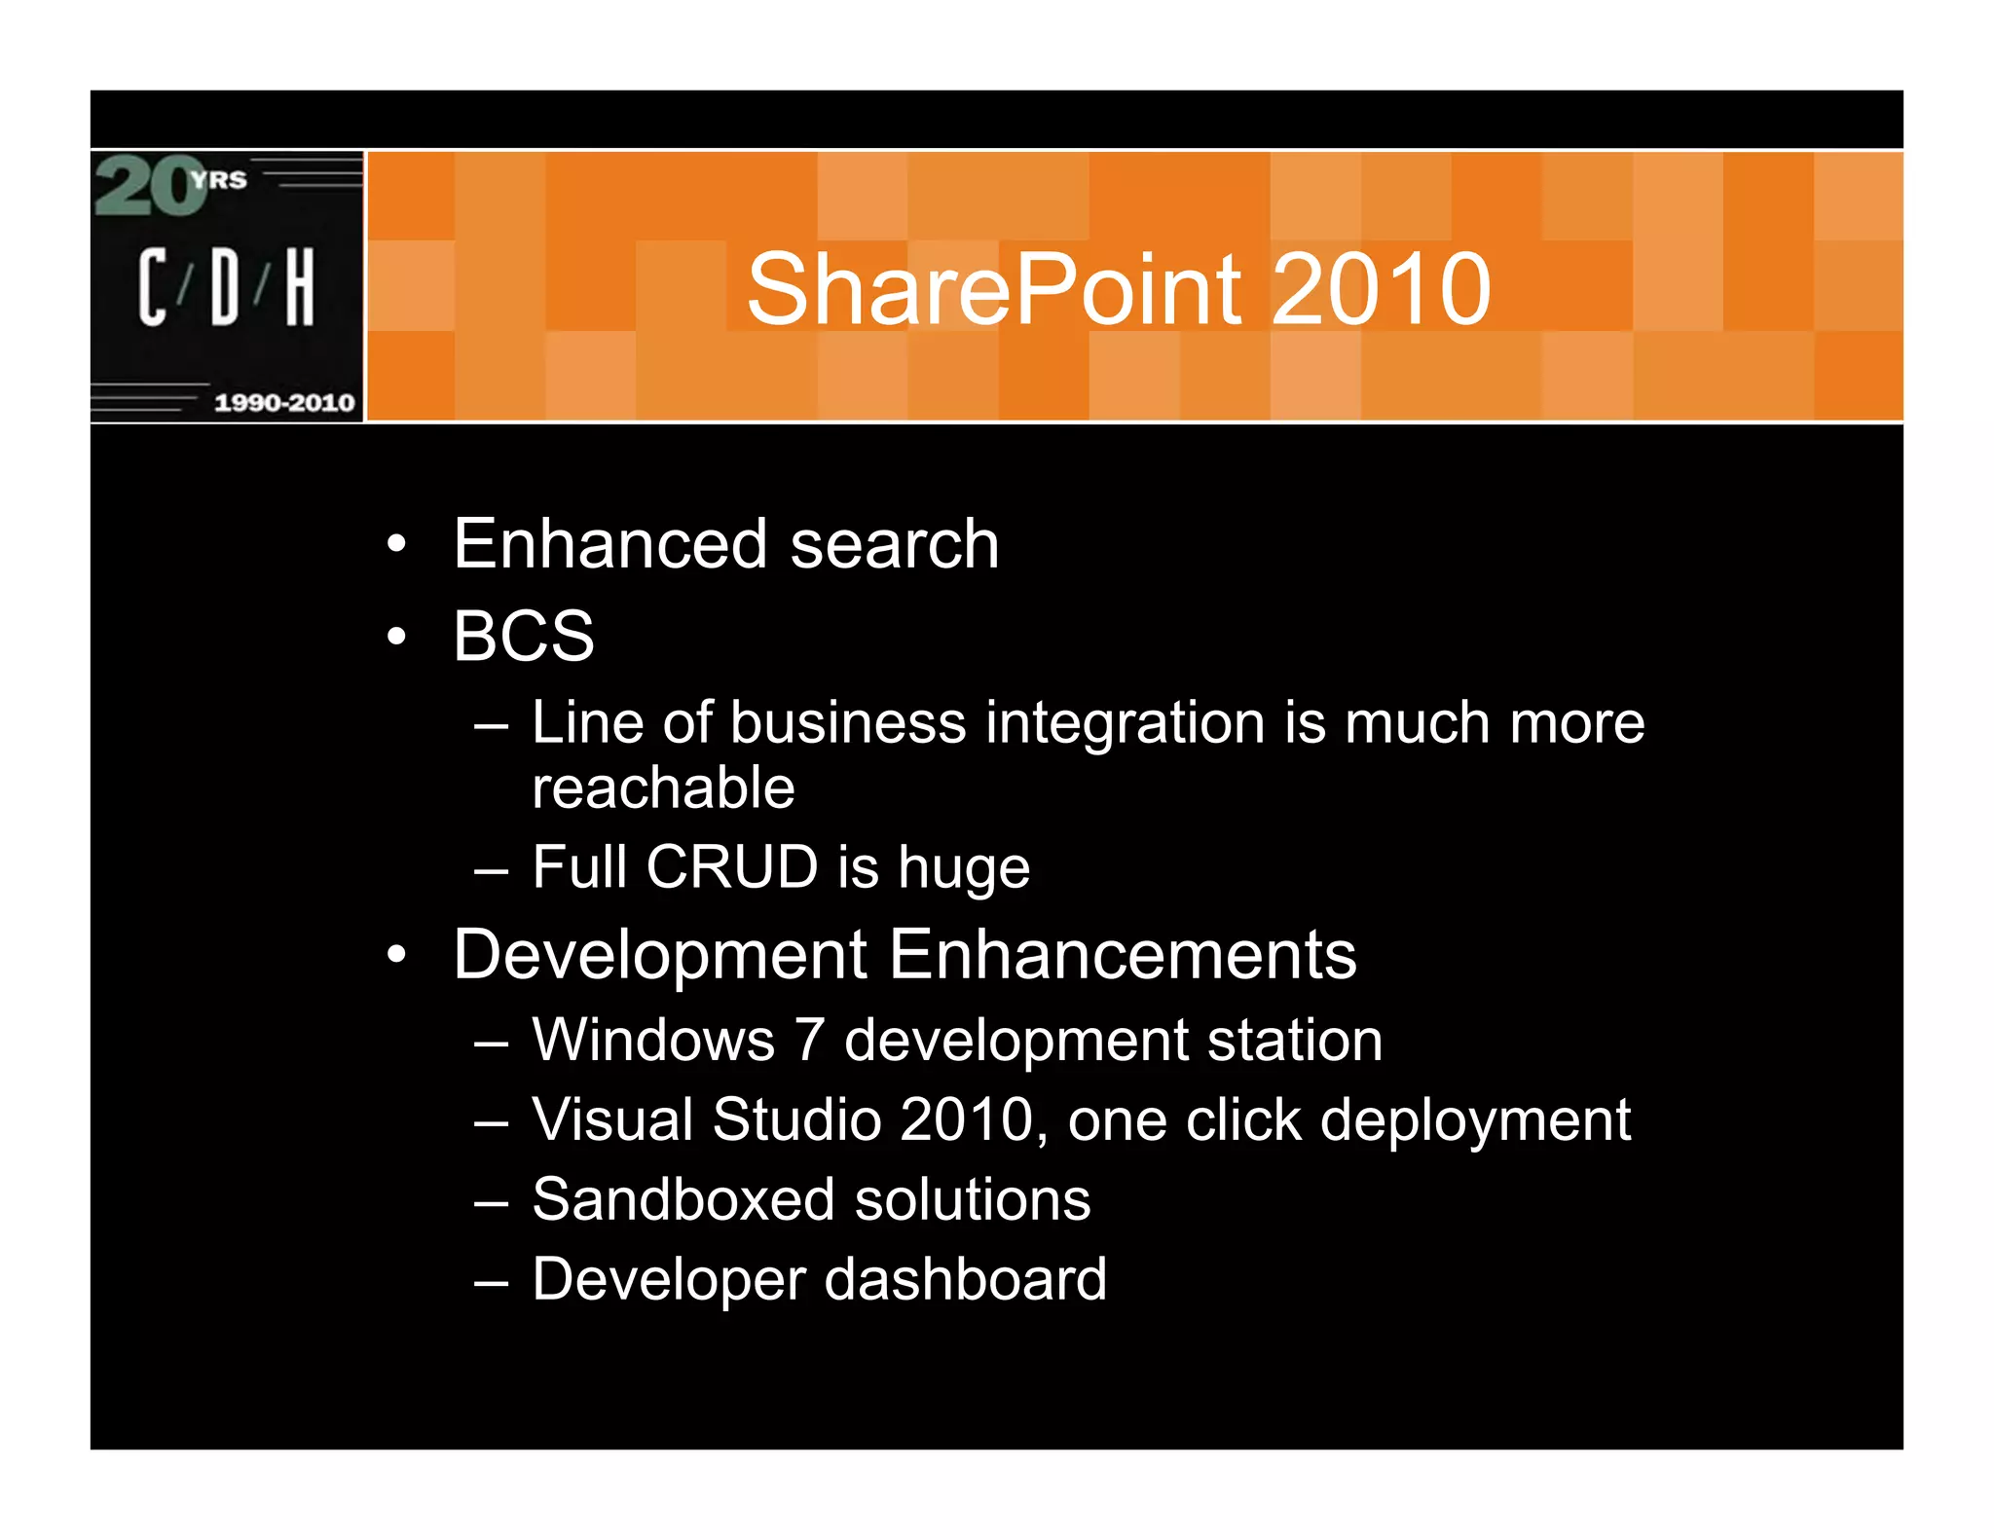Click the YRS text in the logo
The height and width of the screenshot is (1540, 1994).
click(219, 180)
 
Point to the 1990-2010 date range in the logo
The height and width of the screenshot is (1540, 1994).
click(283, 402)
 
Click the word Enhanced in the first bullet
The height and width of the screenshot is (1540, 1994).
click(610, 544)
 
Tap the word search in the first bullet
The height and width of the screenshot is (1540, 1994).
click(894, 544)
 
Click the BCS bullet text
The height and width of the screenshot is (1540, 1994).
click(523, 637)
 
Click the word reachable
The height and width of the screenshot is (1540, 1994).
click(663, 788)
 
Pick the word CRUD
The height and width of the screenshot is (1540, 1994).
click(731, 866)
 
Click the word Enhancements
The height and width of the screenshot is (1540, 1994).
click(1122, 955)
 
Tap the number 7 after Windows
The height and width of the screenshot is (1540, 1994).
click(809, 1040)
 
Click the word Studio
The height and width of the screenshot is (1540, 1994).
click(796, 1119)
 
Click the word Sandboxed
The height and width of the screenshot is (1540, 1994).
click(683, 1199)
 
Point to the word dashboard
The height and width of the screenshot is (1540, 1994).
click(966, 1279)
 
